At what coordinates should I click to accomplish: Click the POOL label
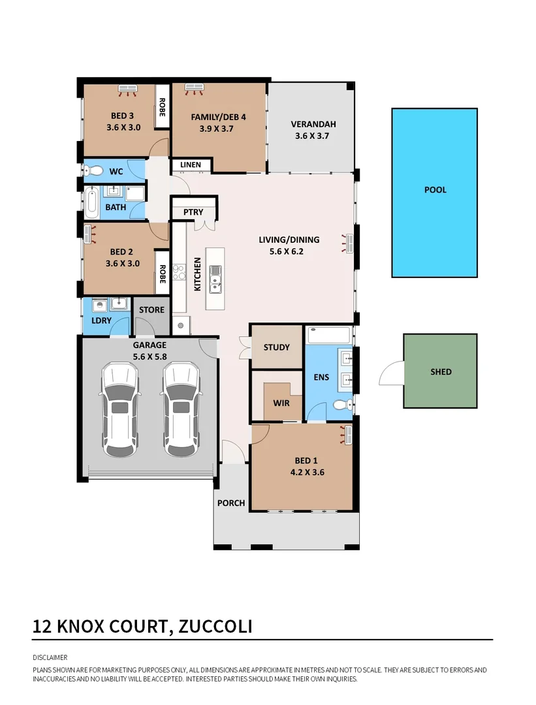click(435, 190)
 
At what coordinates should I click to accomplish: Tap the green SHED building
click(440, 371)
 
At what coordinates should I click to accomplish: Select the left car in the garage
click(119, 409)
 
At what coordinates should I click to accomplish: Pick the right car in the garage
click(180, 409)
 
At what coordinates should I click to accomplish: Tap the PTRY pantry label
click(193, 212)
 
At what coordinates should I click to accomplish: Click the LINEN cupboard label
click(191, 165)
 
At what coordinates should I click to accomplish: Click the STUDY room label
click(276, 347)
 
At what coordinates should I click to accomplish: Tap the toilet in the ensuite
click(341, 405)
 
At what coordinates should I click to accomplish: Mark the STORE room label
click(151, 309)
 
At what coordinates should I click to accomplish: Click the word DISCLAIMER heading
click(50, 657)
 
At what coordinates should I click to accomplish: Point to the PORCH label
click(231, 503)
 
